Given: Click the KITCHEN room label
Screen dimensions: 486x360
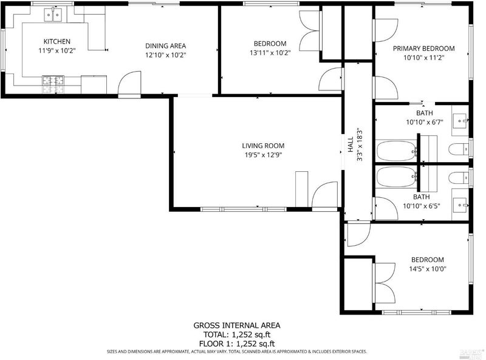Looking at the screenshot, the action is click(56, 41).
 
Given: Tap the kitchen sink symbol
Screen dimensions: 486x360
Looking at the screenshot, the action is click(53, 15).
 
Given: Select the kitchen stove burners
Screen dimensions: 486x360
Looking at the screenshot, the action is click(53, 84).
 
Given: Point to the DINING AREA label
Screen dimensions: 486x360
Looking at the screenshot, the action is click(165, 46).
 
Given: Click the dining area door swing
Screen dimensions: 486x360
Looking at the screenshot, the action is click(130, 83).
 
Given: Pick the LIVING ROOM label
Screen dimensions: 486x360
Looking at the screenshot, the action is click(263, 146).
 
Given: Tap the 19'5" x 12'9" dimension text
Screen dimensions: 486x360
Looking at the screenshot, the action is click(263, 155).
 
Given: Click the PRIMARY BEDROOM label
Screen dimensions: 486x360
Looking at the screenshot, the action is click(423, 49).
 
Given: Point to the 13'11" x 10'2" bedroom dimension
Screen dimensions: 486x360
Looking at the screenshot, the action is click(270, 53).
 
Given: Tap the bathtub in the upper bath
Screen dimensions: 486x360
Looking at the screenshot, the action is click(397, 151).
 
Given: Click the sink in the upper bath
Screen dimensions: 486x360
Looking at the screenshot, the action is click(460, 121).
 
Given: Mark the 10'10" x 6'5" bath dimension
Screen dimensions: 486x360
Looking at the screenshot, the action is click(422, 206).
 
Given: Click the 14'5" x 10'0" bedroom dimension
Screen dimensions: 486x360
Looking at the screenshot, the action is click(428, 269).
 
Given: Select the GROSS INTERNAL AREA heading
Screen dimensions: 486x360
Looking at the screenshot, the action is click(237, 325).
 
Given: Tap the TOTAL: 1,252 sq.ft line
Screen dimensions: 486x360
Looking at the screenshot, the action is click(237, 335).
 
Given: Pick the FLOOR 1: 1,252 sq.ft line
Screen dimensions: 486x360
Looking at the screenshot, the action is click(237, 344).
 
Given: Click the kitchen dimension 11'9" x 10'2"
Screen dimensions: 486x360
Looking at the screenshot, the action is click(57, 50).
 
